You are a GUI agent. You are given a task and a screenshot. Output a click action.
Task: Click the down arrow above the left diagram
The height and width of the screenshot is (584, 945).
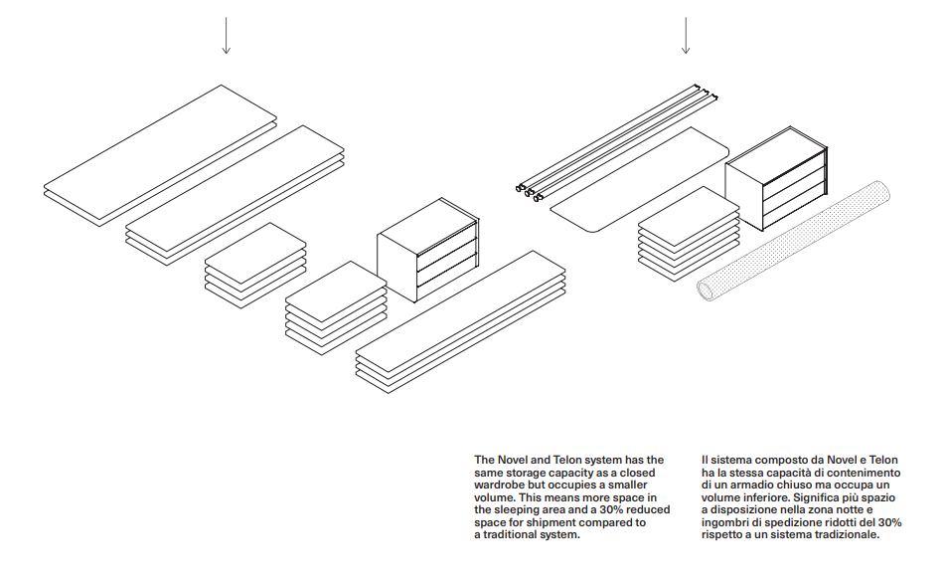coord(227,36)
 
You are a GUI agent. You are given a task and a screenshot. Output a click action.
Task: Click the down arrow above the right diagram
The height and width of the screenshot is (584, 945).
coord(685,36)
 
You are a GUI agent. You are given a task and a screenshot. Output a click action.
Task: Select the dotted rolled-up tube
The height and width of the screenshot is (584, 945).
coord(796,240)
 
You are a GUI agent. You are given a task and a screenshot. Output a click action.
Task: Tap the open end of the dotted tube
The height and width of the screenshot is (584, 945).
coord(707,289)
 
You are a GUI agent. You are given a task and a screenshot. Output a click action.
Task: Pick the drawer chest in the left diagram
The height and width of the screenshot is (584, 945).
coord(427,249)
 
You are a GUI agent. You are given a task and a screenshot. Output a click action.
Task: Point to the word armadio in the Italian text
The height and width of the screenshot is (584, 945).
coord(748,485)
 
